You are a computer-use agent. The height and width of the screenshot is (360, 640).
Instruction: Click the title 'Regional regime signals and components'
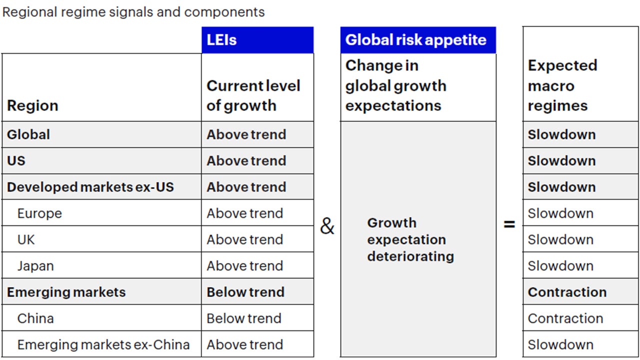coord(133,12)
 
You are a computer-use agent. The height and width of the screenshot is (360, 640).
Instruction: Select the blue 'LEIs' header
coord(221,40)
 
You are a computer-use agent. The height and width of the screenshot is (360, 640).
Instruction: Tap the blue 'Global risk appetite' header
coord(415,40)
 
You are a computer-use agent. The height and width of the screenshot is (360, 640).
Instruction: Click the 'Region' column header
coord(32,105)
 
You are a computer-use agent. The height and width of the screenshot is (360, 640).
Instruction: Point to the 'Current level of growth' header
coord(253,95)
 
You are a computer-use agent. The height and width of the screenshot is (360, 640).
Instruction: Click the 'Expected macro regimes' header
coord(562,85)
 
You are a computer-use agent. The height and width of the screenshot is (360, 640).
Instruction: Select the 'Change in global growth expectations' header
coord(395,85)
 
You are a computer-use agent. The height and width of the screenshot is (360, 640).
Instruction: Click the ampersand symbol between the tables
coord(327,226)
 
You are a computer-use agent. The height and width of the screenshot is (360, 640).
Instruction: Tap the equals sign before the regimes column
coord(509,224)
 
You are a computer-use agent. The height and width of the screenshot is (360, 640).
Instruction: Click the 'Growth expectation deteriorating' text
coord(410,239)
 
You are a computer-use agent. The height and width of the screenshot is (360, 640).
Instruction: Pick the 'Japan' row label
coord(35,266)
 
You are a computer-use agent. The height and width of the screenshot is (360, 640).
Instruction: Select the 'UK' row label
coord(26,239)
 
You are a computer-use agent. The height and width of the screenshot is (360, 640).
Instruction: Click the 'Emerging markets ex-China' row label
coord(103,344)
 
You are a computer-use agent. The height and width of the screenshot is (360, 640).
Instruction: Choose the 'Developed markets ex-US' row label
coord(90,187)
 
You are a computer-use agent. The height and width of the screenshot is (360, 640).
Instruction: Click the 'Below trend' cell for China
coord(244,318)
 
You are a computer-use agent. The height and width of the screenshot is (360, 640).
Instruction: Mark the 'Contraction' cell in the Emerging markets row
coord(567,292)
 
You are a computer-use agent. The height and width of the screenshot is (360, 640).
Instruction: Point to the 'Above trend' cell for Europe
coord(245,213)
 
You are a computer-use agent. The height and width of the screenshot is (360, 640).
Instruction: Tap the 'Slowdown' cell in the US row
coord(561,161)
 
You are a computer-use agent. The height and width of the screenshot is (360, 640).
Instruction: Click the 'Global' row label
coord(28,134)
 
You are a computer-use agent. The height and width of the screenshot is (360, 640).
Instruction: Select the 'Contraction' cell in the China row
coord(565,318)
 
